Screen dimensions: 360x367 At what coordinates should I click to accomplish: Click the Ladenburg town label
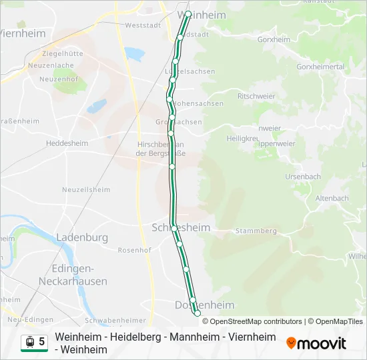pos(82,237)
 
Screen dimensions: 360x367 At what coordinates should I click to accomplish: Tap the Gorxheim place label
pos(275,39)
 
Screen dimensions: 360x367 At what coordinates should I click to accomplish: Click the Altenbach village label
pos(332,198)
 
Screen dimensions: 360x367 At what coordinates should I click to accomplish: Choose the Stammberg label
pos(256,231)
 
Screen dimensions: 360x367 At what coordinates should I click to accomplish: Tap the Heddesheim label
pos(67,143)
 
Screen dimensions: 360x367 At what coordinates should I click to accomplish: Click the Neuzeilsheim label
pos(86,189)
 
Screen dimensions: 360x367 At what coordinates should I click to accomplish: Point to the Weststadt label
pos(139,26)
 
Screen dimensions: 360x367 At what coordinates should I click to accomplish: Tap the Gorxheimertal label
pos(320,67)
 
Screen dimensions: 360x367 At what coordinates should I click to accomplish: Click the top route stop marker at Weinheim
pos(188,14)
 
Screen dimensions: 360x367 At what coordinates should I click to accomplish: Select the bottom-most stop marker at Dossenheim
pos(197,313)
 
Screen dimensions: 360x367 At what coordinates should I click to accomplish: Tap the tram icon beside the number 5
pos(29,341)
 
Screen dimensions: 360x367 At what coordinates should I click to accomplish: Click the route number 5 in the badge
pos(42,341)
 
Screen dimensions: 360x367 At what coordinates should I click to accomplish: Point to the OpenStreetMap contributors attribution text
pos(256,321)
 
